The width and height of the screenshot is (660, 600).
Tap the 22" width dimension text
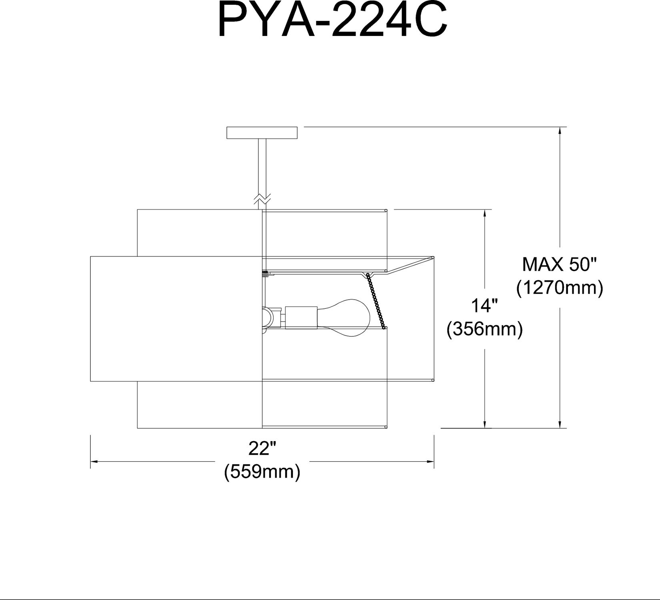click(x=262, y=449)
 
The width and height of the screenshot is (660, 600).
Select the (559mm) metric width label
click(x=262, y=472)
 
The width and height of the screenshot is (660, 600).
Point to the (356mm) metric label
click(x=485, y=330)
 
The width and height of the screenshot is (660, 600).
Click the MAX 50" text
click(x=560, y=264)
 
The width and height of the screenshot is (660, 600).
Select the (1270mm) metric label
click(x=560, y=288)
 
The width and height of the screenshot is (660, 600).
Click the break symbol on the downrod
click(x=262, y=198)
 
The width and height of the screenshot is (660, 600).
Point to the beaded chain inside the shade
click(x=376, y=300)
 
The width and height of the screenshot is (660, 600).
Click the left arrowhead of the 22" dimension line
click(x=94, y=462)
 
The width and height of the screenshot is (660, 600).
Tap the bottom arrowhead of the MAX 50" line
click(x=560, y=425)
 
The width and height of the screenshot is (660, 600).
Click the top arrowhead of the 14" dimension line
click(x=485, y=212)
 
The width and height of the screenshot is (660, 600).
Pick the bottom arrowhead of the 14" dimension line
click(x=485, y=425)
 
